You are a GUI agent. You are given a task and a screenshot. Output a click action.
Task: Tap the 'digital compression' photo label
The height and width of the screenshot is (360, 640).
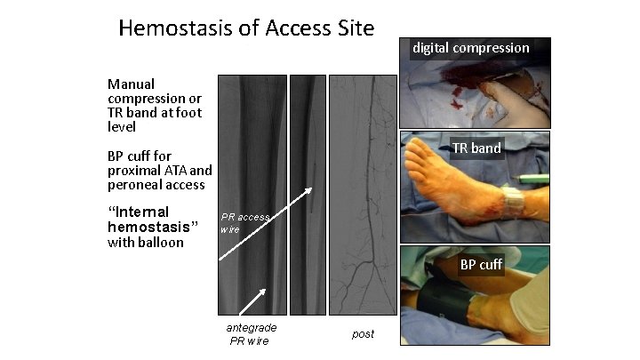tap(470, 48)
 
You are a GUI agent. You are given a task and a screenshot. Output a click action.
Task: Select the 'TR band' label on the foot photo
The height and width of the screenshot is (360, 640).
tap(476, 148)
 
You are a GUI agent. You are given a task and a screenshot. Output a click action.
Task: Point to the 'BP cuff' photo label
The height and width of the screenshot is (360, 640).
tap(481, 264)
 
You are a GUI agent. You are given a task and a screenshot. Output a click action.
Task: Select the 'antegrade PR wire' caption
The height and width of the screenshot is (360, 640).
tap(251, 333)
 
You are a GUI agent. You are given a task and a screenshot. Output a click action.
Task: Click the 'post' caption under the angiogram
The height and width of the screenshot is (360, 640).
tap(363, 333)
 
